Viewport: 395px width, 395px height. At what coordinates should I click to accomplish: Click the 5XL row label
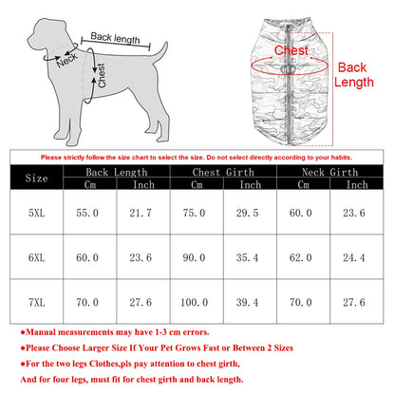[x=35, y=214]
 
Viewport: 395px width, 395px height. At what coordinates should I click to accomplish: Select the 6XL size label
[x=35, y=256]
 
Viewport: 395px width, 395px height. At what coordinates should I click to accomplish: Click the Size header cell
[x=35, y=178]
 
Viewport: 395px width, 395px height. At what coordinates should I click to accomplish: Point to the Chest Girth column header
[x=223, y=172]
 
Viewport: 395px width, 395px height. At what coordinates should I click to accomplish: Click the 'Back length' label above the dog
[x=115, y=40]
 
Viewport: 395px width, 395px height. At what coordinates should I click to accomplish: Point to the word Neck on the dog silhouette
[x=66, y=62]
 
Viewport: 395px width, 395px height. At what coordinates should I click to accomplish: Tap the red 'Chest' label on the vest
[x=291, y=50]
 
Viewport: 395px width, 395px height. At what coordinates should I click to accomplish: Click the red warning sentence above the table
[x=197, y=157]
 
